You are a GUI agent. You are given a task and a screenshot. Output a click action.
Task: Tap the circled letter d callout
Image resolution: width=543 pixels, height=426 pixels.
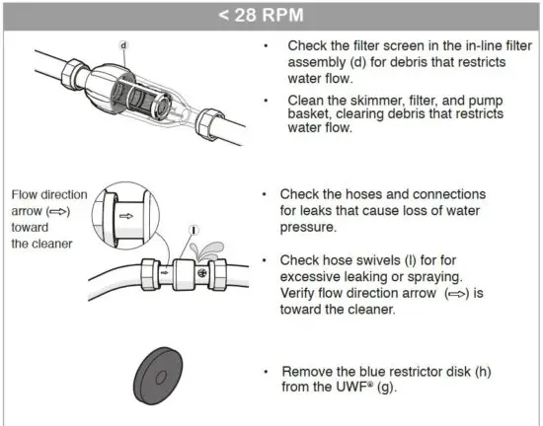coord(123,45)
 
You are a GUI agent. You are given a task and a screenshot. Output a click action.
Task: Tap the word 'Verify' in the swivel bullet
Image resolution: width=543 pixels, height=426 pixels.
coord(302,292)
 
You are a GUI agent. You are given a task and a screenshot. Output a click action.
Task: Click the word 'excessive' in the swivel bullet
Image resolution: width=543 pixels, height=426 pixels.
coord(313,276)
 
